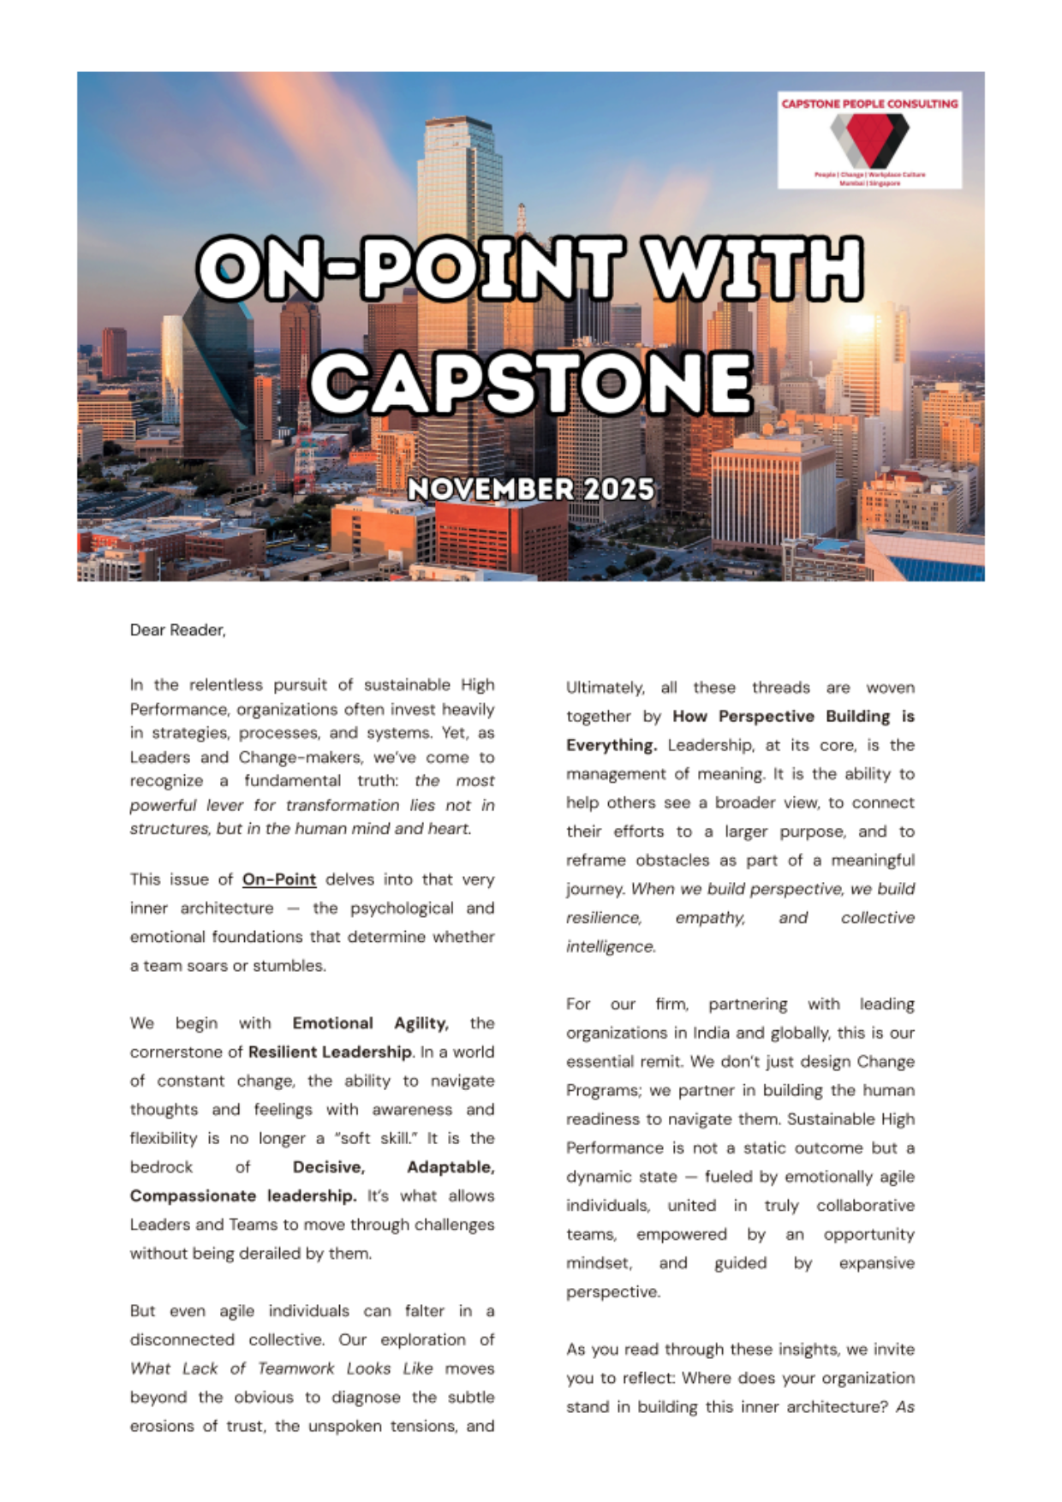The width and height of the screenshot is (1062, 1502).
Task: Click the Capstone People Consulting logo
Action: tap(868, 140)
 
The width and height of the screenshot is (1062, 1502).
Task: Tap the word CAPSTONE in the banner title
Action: tap(531, 382)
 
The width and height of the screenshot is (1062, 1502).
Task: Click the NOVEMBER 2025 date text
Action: tap(531, 489)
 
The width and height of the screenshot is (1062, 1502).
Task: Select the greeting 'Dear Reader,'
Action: tap(177, 630)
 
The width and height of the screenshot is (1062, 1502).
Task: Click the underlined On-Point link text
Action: tap(279, 879)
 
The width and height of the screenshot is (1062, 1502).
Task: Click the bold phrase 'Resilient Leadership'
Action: tap(330, 1052)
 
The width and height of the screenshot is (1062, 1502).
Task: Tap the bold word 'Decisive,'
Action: tap(329, 1167)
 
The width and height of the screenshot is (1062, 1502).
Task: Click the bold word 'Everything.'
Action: tap(612, 745)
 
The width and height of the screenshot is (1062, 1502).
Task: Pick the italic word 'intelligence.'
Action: tap(611, 946)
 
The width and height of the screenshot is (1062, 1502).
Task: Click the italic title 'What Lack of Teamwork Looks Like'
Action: tap(282, 1368)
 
